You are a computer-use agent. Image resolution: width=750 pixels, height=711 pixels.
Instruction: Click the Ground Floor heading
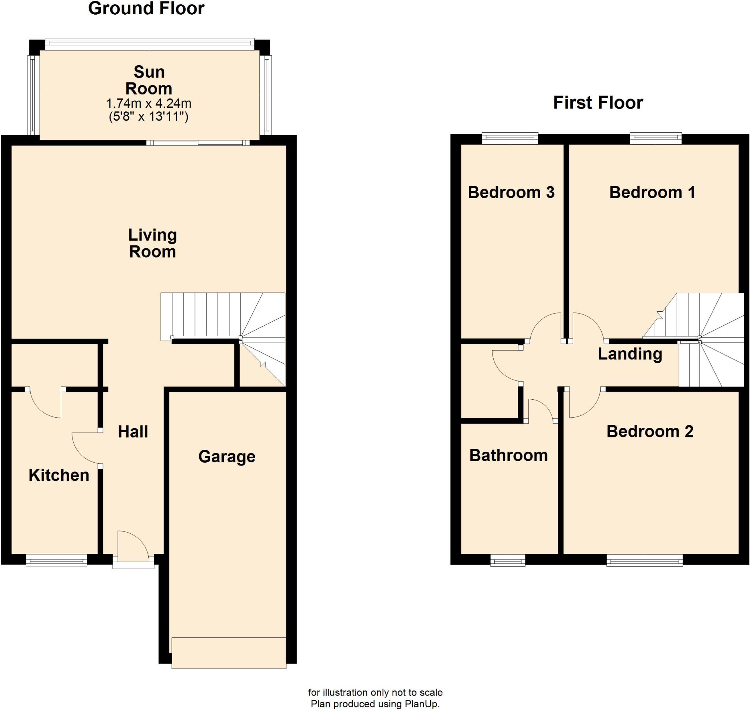coord(146,8)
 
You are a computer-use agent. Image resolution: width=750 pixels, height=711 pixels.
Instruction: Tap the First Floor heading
coord(598,103)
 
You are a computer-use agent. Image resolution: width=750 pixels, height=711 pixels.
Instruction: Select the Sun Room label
coord(149,80)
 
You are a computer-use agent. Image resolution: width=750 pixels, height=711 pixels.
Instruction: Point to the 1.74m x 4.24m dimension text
coord(149,103)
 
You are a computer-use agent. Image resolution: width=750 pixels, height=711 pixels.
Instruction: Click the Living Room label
coord(152,243)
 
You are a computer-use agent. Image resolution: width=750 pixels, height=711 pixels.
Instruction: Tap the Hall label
coord(133,432)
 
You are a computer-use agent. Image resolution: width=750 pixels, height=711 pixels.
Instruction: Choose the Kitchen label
coord(59,475)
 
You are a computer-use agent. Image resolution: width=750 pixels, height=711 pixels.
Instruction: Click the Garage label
coord(227,457)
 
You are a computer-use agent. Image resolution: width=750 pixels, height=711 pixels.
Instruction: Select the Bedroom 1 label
coord(652,193)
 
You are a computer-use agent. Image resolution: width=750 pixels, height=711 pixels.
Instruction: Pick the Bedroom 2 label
coord(650,432)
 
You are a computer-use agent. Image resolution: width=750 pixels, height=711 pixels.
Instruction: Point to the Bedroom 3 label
coord(511,193)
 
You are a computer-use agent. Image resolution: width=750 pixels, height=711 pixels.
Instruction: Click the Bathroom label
coord(508,456)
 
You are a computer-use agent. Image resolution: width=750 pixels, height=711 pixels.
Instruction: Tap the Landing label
coord(630,354)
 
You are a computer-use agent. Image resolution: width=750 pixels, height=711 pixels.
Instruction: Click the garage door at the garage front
coord(229,653)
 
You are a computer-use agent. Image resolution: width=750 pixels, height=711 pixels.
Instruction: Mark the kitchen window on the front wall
coord(56,560)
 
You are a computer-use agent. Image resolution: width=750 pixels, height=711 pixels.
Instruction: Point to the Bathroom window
coord(508,560)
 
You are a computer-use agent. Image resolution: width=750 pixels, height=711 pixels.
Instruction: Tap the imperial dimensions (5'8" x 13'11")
coord(149,116)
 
